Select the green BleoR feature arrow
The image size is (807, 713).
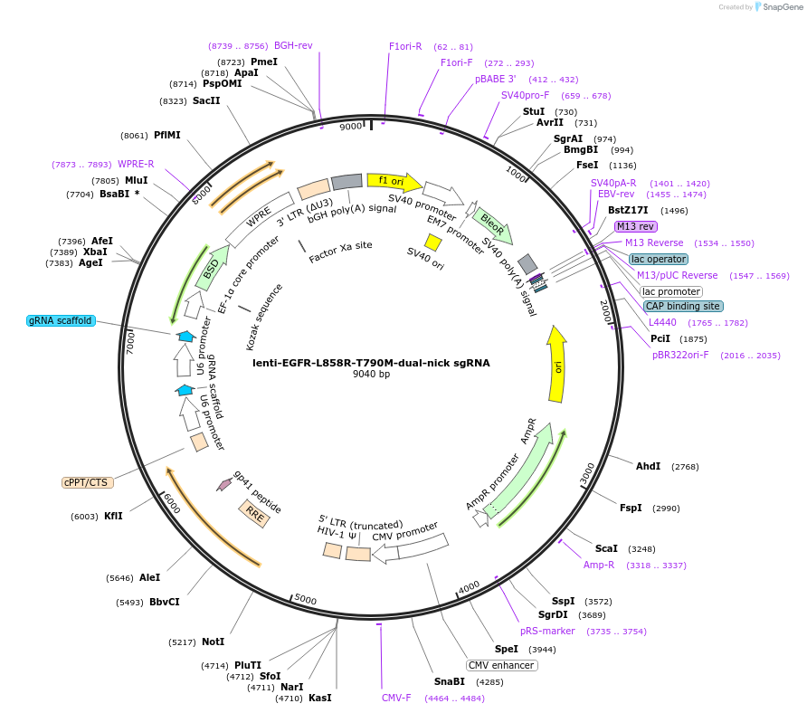pos(493,223)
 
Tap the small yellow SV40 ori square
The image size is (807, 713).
pos(433,242)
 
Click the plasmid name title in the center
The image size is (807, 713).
pos(371,363)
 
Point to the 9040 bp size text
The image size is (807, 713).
pos(371,375)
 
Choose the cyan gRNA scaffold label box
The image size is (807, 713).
pos(61,320)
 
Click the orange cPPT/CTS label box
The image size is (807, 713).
pos(88,482)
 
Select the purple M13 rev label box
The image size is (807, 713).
pos(636,226)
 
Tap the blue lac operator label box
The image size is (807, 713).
pos(659,259)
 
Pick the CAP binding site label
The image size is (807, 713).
pos(683,306)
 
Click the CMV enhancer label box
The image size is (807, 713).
pos(502,665)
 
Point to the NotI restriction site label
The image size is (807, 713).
pos(213,642)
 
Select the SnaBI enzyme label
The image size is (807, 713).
pos(449,681)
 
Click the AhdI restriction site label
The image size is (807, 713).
pos(648,466)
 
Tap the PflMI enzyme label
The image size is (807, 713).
pos(166,135)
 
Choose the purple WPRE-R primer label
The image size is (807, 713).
pos(136,164)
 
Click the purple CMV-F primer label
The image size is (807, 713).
pos(396,698)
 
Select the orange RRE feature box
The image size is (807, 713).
pos(254,514)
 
